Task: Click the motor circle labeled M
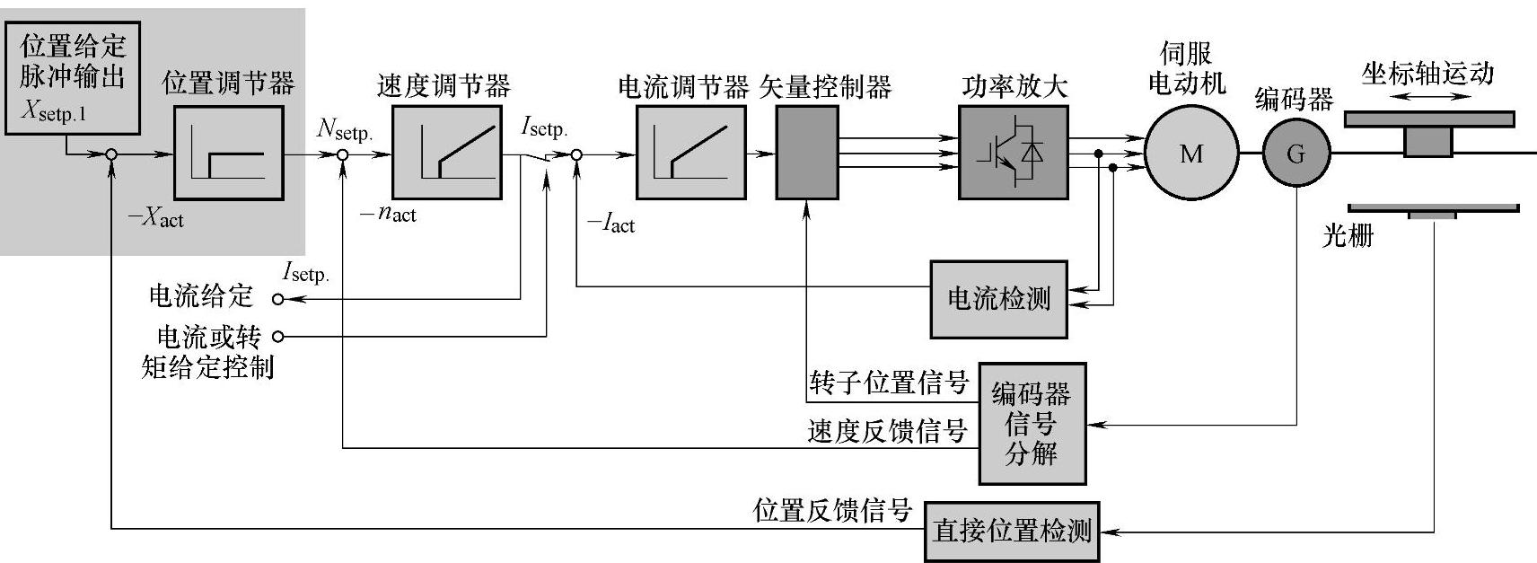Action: (1191, 154)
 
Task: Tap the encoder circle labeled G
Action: (1295, 154)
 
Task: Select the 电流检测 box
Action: (998, 299)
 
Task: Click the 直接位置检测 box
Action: (1012, 531)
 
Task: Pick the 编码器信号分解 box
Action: (1032, 423)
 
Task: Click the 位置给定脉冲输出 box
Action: (73, 78)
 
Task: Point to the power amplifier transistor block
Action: (1013, 153)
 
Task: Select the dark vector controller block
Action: (807, 153)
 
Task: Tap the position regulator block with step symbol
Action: (228, 153)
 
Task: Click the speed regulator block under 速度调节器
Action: (446, 153)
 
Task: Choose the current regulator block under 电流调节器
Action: (690, 153)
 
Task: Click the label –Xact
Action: (155, 217)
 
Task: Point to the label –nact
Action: (388, 214)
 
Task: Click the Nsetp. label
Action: (344, 129)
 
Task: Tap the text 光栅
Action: (1348, 236)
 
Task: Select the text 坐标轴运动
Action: (1427, 74)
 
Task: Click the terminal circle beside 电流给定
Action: (277, 299)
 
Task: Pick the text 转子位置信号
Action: (888, 383)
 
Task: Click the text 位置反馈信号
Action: (832, 511)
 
